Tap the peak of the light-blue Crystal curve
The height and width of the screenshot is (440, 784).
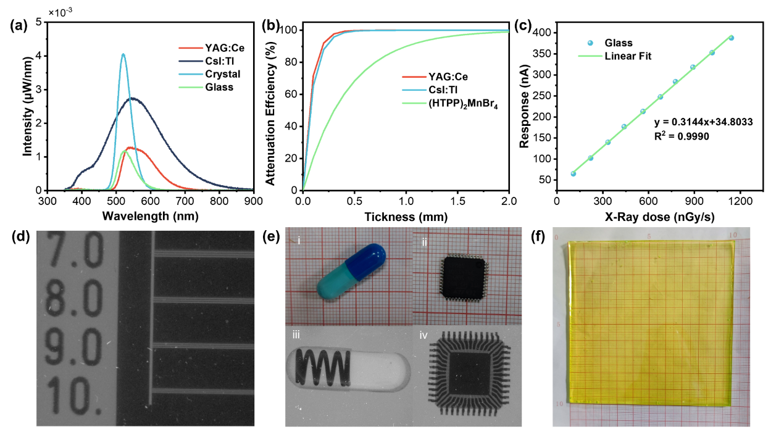point(123,54)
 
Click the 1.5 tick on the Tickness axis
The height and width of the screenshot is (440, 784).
point(457,201)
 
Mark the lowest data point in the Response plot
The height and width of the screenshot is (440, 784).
point(573,173)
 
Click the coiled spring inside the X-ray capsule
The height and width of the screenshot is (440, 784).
point(322,368)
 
